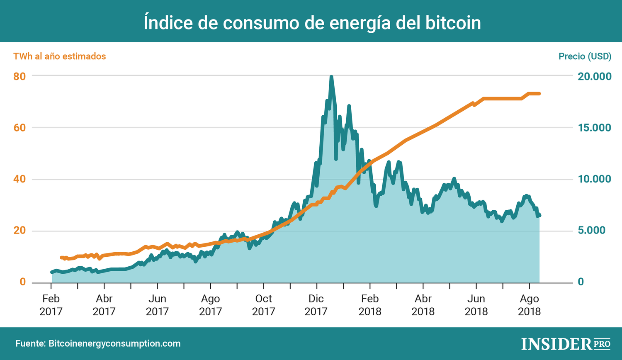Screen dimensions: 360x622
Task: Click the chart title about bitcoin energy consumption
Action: [312, 22]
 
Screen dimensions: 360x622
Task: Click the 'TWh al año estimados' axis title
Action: [60, 56]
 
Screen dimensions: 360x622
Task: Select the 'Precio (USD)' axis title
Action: [585, 56]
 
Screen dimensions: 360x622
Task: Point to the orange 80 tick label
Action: [19, 76]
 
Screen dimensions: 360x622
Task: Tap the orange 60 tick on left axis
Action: [19, 128]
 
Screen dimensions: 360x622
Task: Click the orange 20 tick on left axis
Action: [19, 231]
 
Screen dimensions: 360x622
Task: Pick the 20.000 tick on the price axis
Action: [595, 76]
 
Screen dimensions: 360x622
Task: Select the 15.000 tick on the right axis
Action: [595, 128]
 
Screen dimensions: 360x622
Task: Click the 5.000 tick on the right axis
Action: [592, 231]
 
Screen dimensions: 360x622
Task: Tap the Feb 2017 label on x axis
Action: [51, 305]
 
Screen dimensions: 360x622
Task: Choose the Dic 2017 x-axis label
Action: [316, 305]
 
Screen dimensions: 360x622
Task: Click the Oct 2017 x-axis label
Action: [263, 305]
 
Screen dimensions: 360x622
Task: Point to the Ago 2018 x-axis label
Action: [529, 305]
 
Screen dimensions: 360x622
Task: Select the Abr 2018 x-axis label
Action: [423, 305]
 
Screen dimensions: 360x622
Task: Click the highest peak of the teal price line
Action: [331, 77]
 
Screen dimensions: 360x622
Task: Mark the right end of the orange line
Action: [539, 94]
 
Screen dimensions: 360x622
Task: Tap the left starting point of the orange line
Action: [62, 258]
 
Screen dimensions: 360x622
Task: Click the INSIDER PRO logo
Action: [566, 344]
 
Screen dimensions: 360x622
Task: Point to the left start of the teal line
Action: [52, 272]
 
